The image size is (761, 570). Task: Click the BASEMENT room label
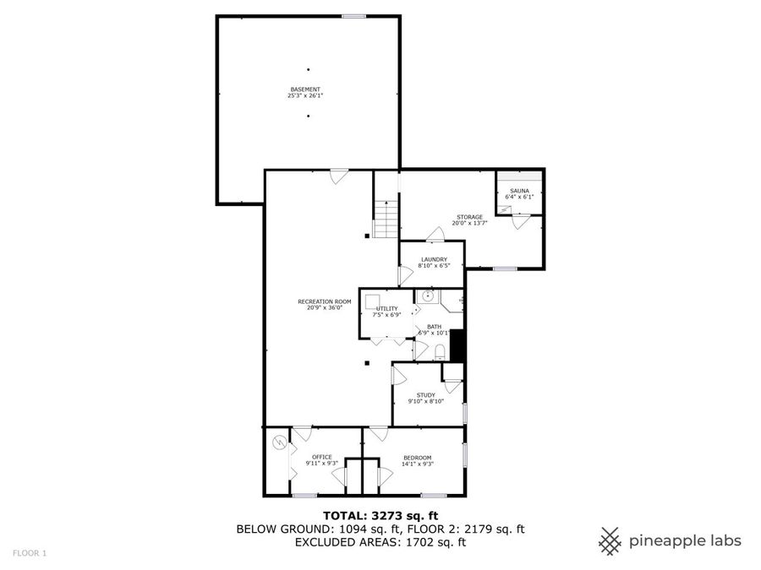click(305, 89)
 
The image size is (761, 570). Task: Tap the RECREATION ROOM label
click(324, 301)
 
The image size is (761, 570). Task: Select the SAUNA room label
click(519, 192)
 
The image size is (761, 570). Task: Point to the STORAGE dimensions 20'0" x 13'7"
click(469, 224)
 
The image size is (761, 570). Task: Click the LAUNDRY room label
click(434, 259)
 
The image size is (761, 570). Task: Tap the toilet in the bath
click(440, 350)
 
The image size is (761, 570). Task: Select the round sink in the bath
click(429, 296)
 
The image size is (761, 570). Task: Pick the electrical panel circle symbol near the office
click(278, 442)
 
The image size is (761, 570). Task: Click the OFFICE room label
click(321, 457)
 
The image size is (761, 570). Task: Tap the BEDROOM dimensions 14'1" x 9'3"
click(417, 464)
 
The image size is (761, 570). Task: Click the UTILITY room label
click(386, 309)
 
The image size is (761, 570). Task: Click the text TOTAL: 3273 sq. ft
click(380, 515)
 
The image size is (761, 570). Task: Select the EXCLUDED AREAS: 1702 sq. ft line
click(380, 543)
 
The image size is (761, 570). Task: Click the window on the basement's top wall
click(353, 15)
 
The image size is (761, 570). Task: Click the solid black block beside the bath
click(457, 345)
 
